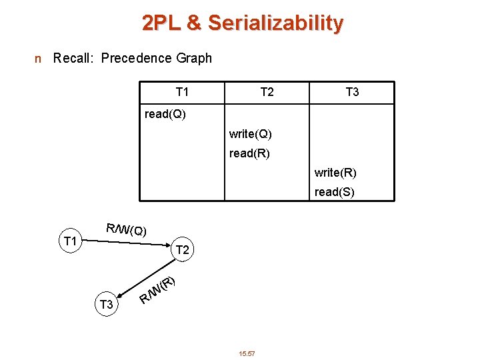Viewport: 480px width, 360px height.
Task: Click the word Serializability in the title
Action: point(275,23)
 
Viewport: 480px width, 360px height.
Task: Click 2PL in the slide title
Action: point(161,23)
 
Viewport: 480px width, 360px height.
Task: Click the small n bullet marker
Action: point(38,59)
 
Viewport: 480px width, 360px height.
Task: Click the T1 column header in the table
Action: point(182,92)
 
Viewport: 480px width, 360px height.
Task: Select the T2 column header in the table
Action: point(267,92)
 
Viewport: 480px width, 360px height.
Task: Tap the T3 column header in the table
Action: point(352,92)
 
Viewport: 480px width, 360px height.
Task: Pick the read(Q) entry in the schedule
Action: point(165,114)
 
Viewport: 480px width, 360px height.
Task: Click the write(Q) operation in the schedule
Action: point(250,134)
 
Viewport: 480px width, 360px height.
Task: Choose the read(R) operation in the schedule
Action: point(249,153)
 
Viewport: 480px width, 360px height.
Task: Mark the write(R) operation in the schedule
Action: point(335,173)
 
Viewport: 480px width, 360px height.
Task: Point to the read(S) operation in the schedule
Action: point(335,193)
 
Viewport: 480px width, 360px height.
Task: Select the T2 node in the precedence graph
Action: point(181,250)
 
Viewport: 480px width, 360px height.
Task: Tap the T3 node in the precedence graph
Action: point(106,305)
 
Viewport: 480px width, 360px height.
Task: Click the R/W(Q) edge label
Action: point(127,230)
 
